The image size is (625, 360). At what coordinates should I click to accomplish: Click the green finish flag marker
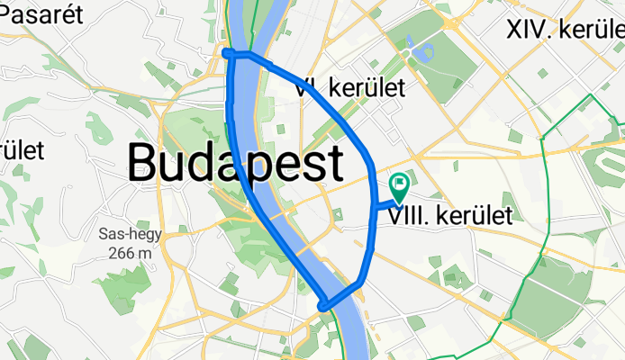398,187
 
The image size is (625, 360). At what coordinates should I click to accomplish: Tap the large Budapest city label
235,163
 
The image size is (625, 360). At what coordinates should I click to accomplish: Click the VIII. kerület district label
451,215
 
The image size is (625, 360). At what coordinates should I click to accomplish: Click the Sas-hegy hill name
127,235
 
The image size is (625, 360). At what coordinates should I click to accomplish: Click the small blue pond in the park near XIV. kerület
413,43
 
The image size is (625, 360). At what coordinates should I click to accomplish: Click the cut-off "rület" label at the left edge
22,148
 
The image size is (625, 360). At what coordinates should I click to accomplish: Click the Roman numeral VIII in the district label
406,215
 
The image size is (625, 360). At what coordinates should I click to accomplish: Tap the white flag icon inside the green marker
399,184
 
